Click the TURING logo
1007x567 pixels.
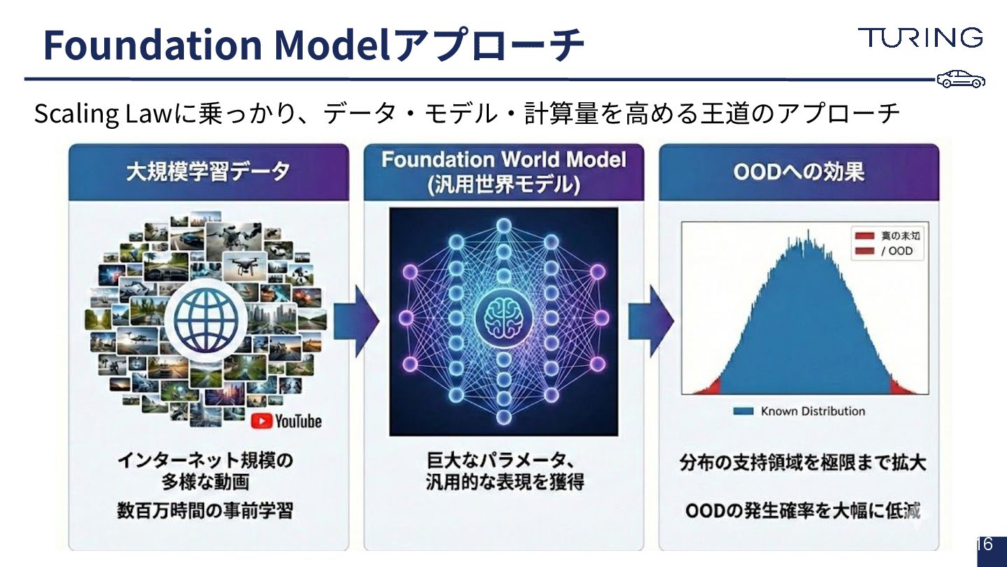click(920, 37)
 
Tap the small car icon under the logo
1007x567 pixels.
click(961, 79)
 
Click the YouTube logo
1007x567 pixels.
click(287, 421)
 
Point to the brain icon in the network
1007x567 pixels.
click(503, 318)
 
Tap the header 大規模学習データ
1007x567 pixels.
click(208, 172)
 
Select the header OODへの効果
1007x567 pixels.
click(799, 172)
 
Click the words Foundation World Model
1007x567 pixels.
click(503, 160)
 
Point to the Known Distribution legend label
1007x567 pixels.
click(813, 412)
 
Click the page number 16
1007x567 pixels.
click(985, 544)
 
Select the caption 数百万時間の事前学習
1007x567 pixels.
click(205, 511)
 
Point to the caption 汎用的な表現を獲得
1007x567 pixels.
click(504, 482)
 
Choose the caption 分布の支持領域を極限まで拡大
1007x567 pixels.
click(803, 463)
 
